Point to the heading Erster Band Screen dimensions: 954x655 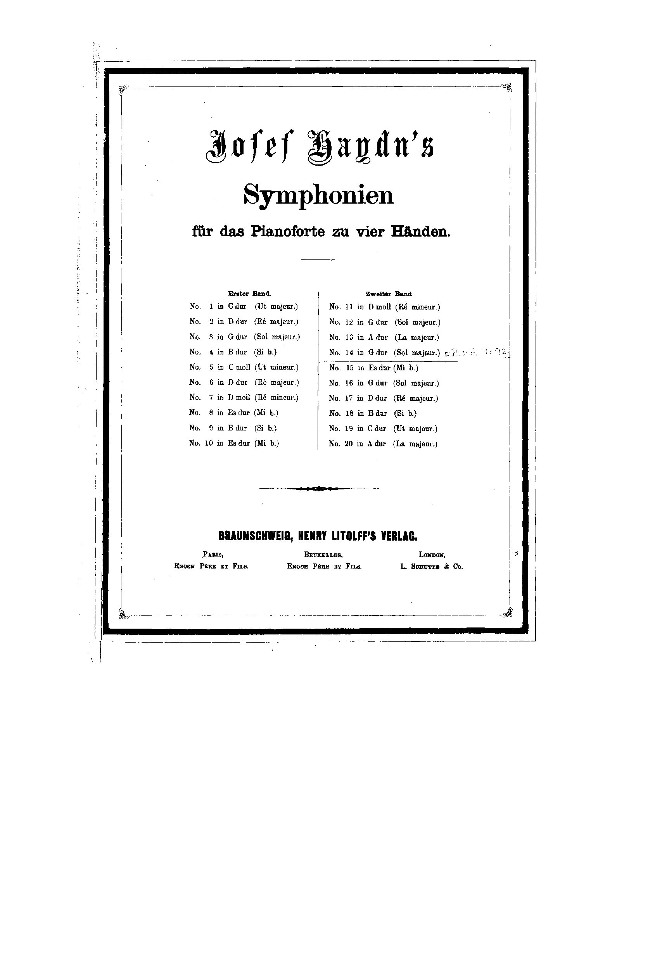(x=249, y=294)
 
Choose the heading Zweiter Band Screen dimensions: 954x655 (x=389, y=294)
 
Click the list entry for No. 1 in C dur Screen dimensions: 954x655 (x=244, y=306)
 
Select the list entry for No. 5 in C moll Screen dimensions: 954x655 (x=244, y=367)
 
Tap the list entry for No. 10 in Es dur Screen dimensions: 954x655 (x=234, y=443)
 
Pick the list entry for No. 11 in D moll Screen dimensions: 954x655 (x=385, y=307)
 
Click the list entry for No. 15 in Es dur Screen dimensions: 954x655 (x=373, y=368)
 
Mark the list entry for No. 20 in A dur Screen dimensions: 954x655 (x=383, y=444)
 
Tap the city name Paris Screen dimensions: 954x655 (x=213, y=554)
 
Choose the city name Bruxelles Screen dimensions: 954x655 (x=323, y=554)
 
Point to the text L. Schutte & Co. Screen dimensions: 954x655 (x=432, y=567)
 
